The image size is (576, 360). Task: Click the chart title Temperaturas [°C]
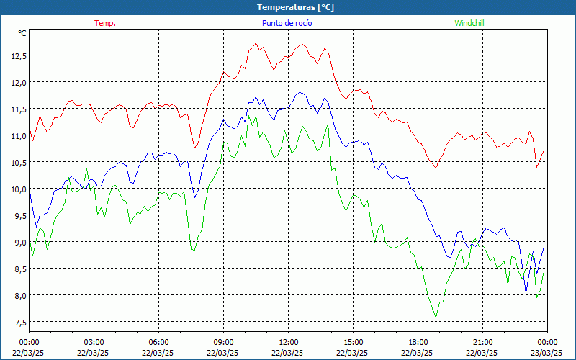pos(295,7)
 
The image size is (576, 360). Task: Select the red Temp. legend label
pos(105,23)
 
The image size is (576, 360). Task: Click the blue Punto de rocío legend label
pos(287,23)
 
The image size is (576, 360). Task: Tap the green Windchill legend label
pos(469,23)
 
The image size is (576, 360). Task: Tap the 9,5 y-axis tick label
pos(19,215)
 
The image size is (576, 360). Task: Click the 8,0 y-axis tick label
pos(19,295)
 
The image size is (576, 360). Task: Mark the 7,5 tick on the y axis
pos(19,322)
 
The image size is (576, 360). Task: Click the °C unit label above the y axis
pos(22,32)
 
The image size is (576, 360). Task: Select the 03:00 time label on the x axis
pos(94,342)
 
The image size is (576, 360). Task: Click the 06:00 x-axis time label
pos(158,342)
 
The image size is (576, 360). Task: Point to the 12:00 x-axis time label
pos(288,342)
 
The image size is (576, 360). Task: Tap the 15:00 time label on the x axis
pos(353,342)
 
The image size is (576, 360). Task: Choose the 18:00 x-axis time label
pos(418,342)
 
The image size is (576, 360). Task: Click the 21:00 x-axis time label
pos(482,342)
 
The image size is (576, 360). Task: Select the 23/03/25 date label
pos(547,353)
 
